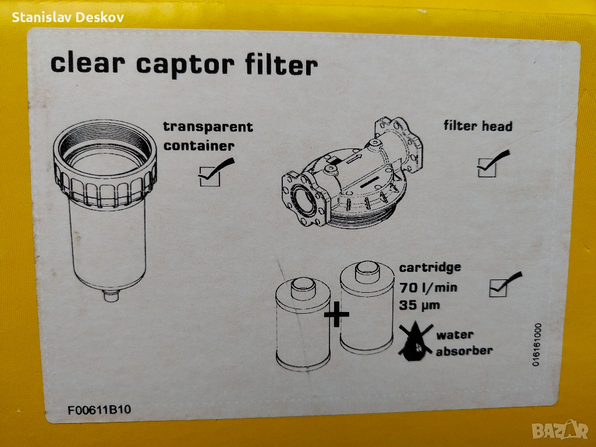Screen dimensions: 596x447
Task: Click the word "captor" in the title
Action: (x=185, y=65)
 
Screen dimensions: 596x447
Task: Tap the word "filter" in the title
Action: (x=281, y=65)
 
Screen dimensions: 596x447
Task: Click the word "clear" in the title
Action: (x=88, y=63)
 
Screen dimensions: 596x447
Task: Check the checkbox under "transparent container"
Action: (x=210, y=177)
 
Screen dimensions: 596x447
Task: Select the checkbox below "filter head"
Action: (x=487, y=168)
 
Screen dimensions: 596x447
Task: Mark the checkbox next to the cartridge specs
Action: (x=498, y=288)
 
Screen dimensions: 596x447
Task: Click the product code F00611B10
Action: (x=99, y=410)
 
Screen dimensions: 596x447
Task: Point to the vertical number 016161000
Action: (x=536, y=345)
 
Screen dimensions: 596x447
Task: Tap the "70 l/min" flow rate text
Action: (x=428, y=288)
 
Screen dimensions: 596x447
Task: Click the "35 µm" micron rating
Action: (x=419, y=305)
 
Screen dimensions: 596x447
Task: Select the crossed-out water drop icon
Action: (x=416, y=341)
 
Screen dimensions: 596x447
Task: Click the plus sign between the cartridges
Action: (x=336, y=314)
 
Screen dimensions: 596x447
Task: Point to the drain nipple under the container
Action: (x=111, y=295)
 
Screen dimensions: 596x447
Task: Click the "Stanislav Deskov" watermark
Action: (x=68, y=17)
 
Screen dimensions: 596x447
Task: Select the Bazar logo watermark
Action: (x=560, y=430)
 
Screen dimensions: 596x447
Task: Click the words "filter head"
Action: (x=478, y=126)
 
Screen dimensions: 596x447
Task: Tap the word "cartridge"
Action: (x=430, y=267)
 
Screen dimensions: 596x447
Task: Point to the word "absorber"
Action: (x=464, y=351)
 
